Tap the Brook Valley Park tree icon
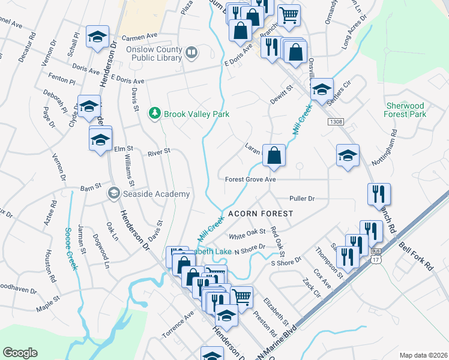155,113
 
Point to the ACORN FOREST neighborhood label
260,214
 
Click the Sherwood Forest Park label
406,110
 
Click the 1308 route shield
336,122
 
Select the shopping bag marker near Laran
274,156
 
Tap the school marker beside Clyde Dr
89,107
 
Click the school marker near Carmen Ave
97,37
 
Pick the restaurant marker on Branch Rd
379,194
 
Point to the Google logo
20,353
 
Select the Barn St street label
91,188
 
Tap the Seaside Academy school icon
112,193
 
